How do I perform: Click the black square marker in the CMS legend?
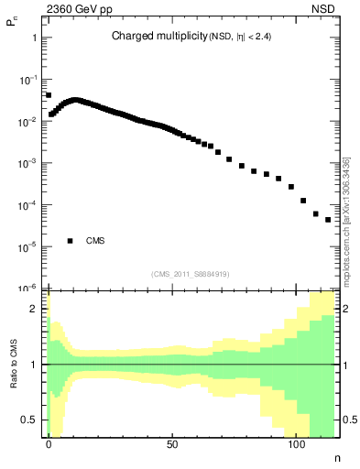click(70, 241)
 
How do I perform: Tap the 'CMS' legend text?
click(95, 241)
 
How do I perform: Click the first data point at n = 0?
click(49, 94)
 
